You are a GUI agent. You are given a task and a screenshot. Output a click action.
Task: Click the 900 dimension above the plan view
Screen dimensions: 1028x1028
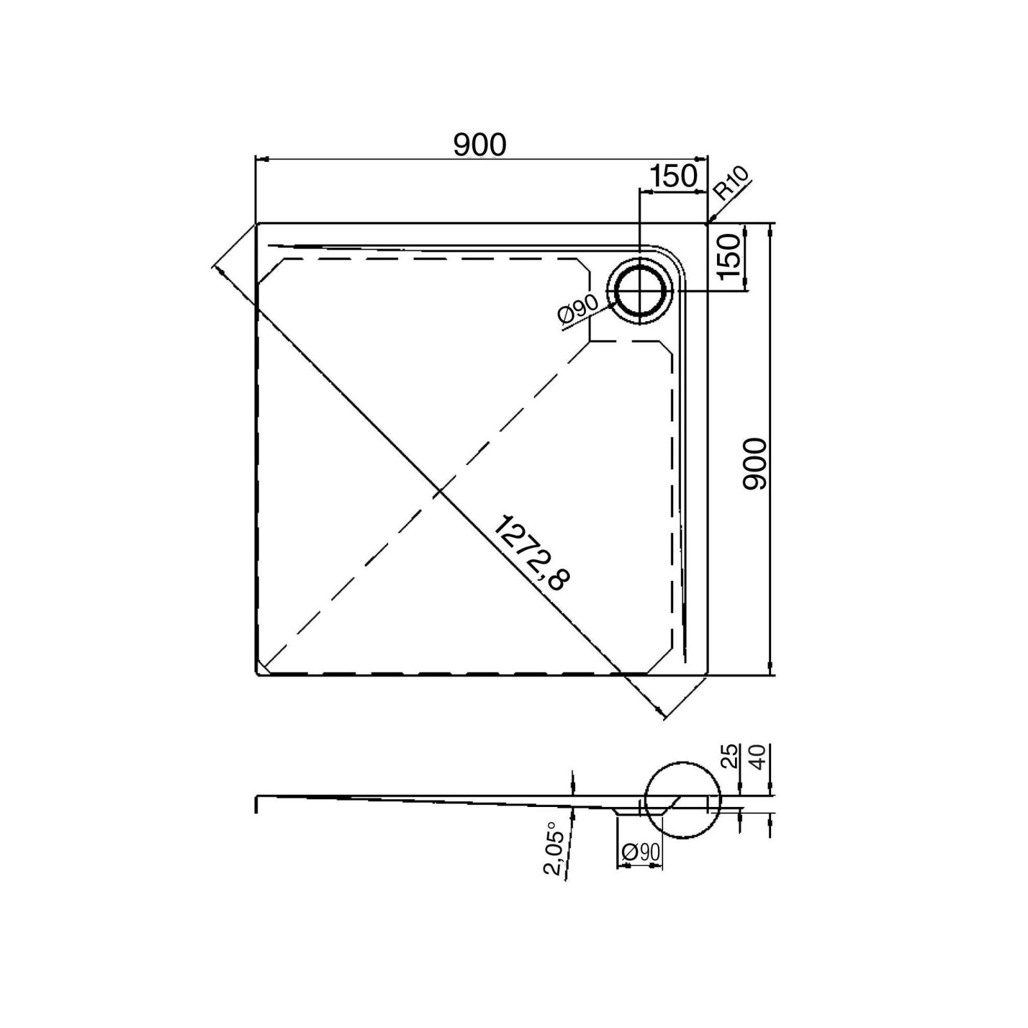tap(480, 145)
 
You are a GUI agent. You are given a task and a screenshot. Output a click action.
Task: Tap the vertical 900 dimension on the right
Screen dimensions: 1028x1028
tap(754, 464)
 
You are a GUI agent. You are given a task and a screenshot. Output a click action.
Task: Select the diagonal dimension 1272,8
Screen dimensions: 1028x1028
tap(531, 553)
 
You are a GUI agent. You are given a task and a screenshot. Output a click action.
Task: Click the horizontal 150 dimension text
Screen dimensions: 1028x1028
tap(673, 175)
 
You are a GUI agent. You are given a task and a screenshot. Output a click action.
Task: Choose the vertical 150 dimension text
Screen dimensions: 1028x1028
tap(729, 256)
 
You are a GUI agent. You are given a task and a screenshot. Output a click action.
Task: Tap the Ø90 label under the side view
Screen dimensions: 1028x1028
tap(641, 852)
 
